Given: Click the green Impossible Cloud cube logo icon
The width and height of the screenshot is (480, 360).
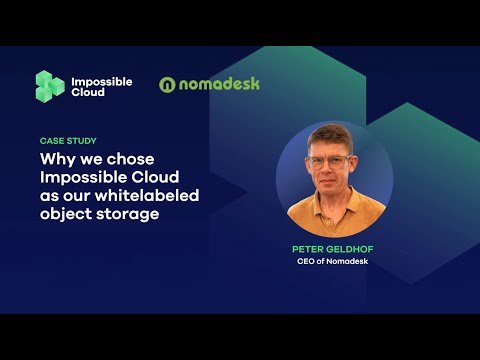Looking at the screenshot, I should point(50,86).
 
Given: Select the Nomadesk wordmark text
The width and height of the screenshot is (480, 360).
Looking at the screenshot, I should point(219,84).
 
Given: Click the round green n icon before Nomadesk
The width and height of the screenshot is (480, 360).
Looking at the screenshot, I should point(168,85).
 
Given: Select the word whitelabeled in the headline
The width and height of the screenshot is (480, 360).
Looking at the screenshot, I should point(151,195).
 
